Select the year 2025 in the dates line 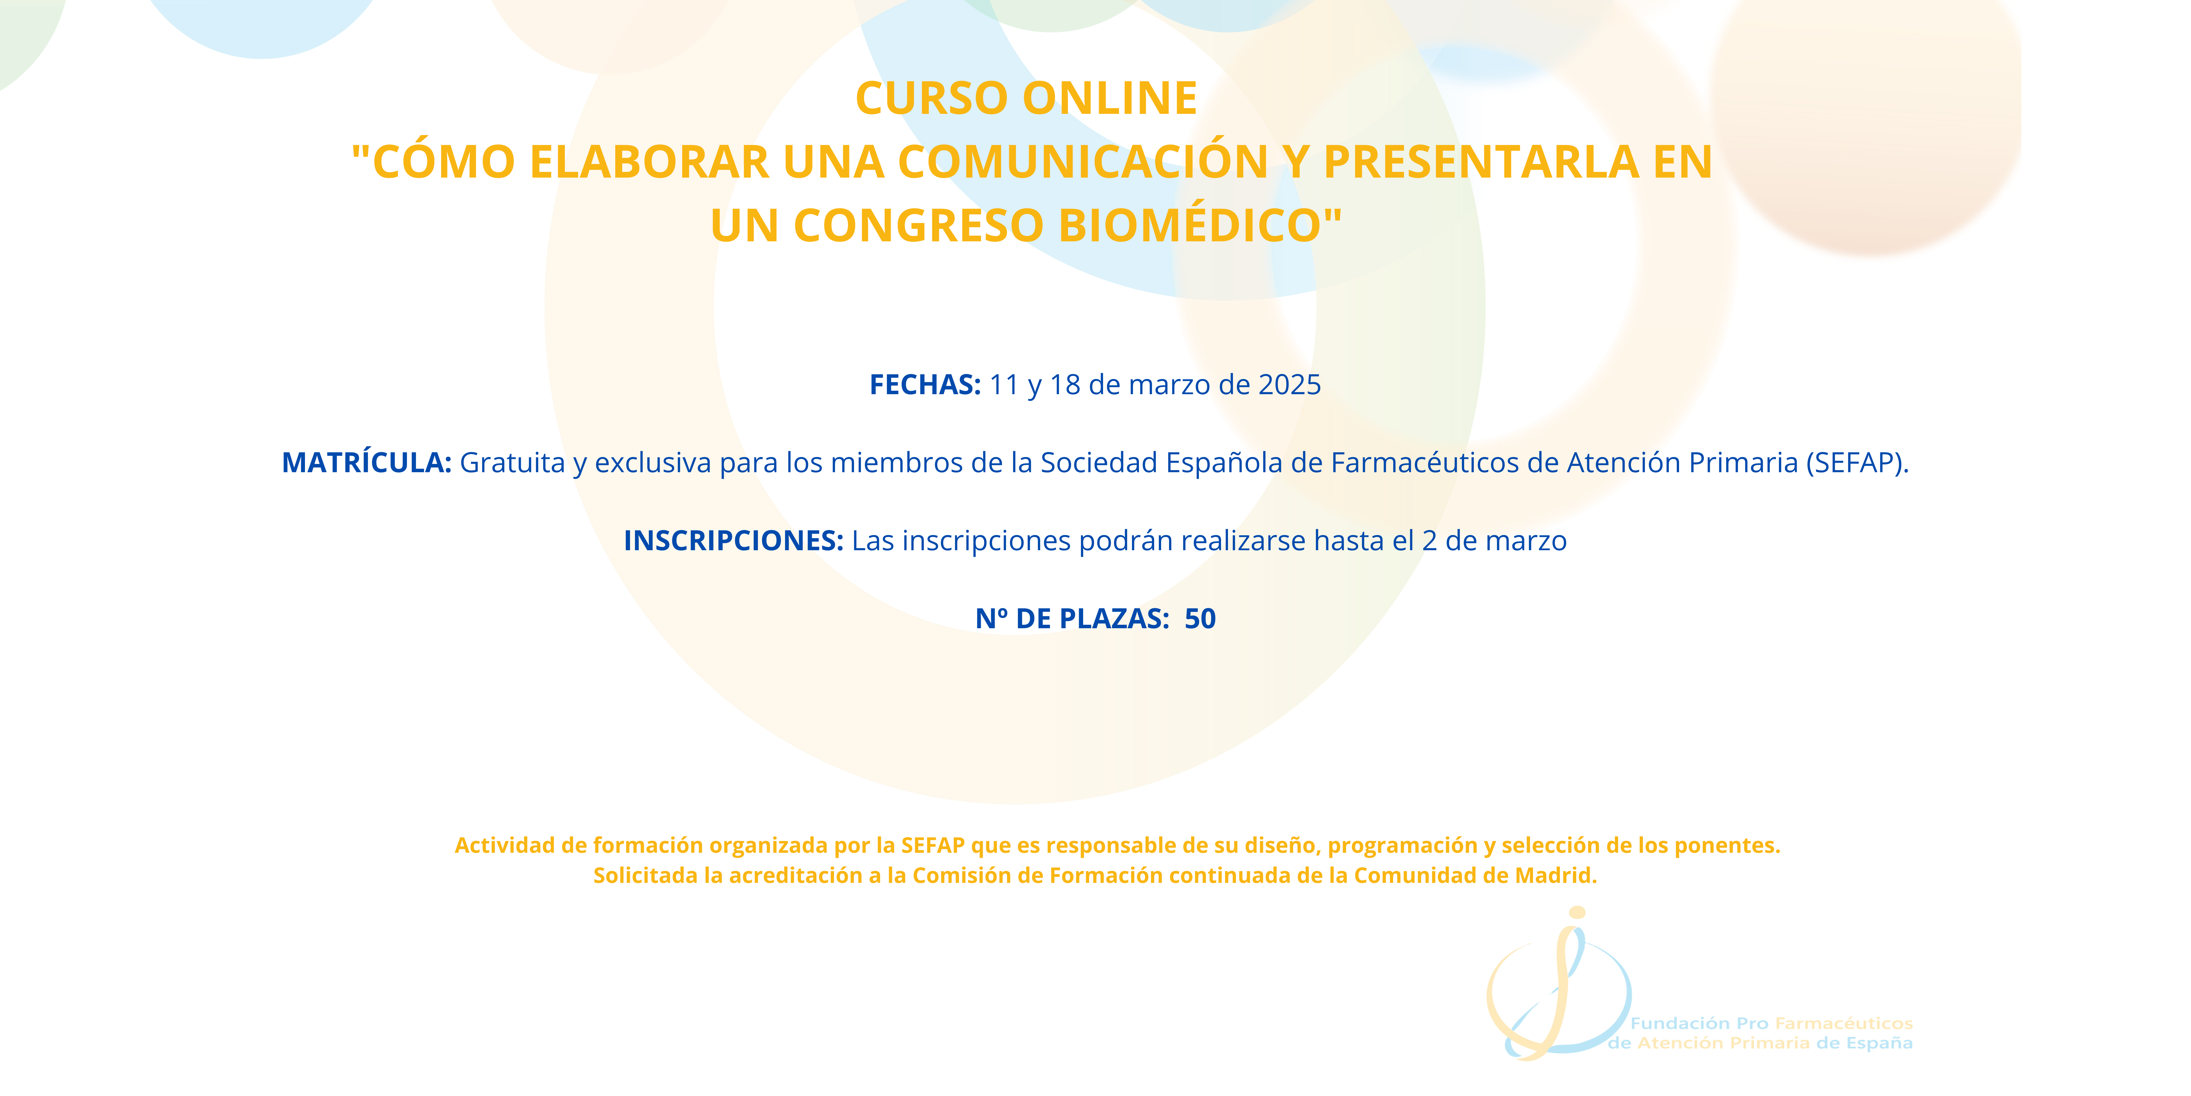[1289, 385]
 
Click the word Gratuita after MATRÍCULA [512, 463]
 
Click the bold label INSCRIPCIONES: [733, 540]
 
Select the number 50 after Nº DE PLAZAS [1200, 619]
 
